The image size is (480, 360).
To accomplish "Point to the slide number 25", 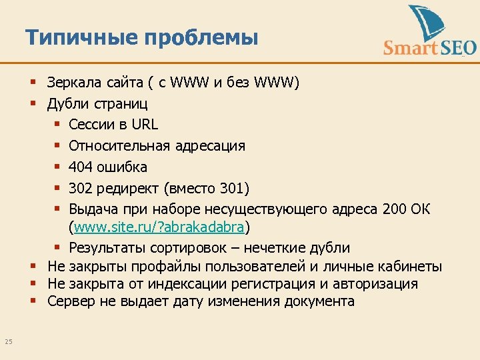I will point(9,342).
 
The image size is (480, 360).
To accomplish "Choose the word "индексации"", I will point(184,284).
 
